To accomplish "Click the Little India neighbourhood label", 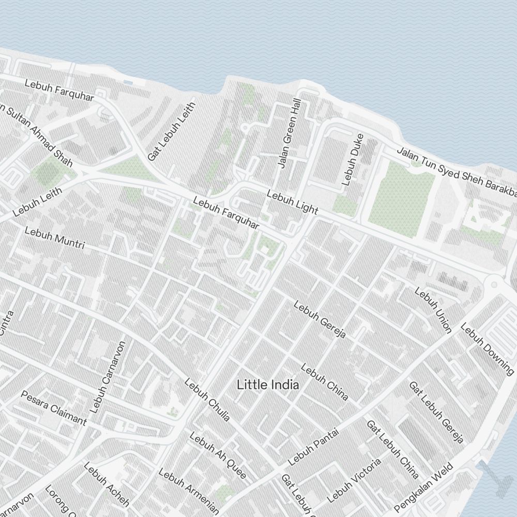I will point(268,385).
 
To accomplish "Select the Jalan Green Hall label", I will point(289,134).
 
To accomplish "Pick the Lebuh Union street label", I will point(433,310).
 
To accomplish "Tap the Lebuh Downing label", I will point(488,349).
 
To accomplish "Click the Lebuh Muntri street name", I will point(54,238).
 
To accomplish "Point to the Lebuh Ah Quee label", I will point(218,455).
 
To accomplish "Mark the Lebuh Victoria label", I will point(354,480).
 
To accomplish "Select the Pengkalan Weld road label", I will point(424,486).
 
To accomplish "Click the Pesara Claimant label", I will point(54,408).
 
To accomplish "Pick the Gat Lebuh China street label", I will point(392,448).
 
